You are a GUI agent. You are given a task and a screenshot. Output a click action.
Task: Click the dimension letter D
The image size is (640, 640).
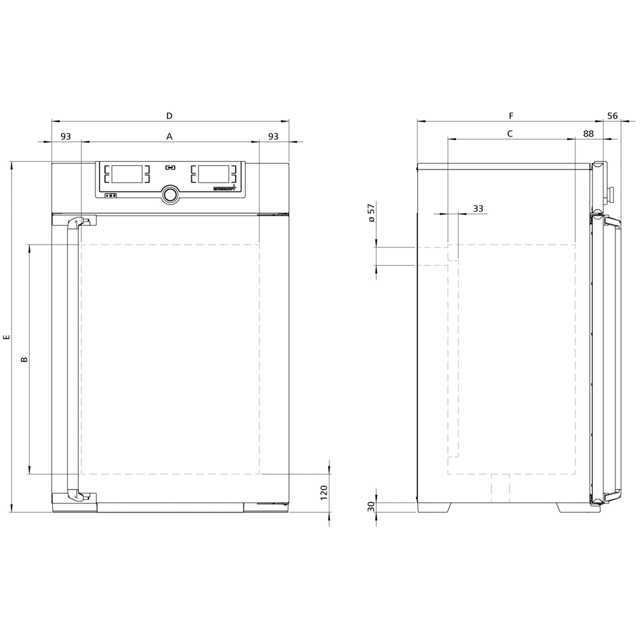click(169, 116)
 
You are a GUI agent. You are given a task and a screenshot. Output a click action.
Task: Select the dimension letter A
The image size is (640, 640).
click(169, 137)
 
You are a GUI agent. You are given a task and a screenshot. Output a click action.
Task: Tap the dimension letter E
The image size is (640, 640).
click(6, 337)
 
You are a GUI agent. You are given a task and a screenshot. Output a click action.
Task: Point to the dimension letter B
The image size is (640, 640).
click(24, 359)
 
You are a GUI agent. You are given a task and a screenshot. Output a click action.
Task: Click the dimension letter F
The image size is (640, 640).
click(511, 116)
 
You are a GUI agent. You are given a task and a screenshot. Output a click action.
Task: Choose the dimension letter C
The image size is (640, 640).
click(510, 133)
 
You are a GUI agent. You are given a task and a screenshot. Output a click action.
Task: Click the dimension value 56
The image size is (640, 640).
click(612, 116)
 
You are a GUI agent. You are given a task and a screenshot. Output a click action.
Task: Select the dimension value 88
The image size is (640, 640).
click(588, 133)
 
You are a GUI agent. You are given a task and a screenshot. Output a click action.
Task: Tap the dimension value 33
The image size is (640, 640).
click(478, 208)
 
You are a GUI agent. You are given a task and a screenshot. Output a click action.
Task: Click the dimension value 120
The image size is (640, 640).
click(324, 493)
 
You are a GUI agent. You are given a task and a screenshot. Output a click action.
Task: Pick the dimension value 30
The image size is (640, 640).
click(371, 507)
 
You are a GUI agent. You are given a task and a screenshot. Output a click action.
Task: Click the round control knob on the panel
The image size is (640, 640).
click(170, 194)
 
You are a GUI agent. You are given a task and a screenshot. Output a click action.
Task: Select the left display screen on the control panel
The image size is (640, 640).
click(127, 174)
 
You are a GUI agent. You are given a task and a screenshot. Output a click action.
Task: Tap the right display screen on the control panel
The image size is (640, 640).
click(213, 174)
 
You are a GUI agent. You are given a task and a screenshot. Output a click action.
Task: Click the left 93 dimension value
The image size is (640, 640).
click(66, 136)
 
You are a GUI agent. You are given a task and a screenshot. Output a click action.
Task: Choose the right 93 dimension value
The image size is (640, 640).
click(273, 136)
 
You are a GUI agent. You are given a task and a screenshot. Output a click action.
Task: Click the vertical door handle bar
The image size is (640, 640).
click(72, 359)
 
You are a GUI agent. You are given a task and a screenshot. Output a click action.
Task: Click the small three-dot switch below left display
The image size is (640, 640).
click(110, 196)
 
